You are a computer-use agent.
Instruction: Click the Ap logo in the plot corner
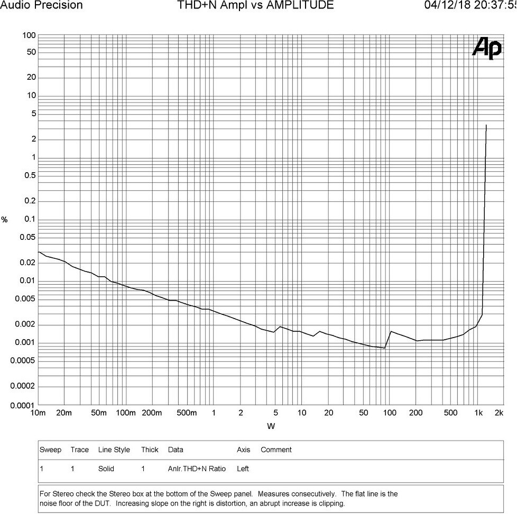tap(487, 48)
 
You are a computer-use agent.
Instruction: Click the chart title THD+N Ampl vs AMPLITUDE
tap(255, 5)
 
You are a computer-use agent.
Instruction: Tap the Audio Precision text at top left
tap(41, 5)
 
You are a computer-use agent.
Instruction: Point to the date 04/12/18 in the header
tap(447, 5)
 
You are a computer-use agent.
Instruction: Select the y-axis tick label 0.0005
tap(22, 361)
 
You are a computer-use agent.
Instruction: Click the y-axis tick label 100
tap(29, 35)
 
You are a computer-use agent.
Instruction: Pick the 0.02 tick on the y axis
tap(27, 263)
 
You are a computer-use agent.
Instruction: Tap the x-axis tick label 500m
tap(187, 413)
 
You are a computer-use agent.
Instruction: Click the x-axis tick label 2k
tap(499, 413)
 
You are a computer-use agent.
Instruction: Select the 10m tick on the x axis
tap(38, 413)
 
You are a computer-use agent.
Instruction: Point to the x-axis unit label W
tap(271, 426)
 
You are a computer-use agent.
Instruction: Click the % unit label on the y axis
tap(4, 220)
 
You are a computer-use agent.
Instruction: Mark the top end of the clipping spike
tap(486, 125)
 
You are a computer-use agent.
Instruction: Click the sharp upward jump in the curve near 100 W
tap(388, 340)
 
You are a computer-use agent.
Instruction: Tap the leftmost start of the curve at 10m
tap(39, 252)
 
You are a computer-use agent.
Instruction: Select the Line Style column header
tap(114, 450)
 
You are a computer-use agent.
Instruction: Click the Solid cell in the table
tap(106, 469)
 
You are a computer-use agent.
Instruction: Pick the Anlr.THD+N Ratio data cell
tap(197, 469)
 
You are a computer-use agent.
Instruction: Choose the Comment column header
tap(276, 450)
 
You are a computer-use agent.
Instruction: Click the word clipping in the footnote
tap(331, 503)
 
